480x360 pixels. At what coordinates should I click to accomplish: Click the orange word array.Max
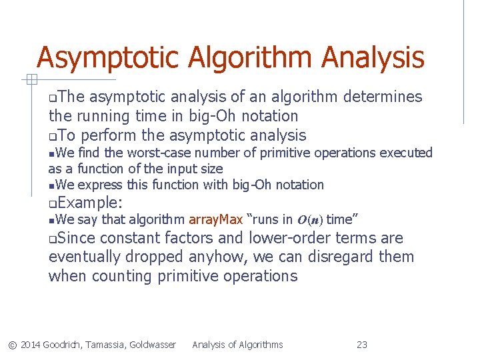(x=216, y=219)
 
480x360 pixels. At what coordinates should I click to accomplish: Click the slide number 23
(x=362, y=345)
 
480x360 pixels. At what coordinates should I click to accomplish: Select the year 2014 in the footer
(x=30, y=345)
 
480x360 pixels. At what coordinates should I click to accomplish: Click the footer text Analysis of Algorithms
(x=237, y=345)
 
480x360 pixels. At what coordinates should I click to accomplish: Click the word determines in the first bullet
(x=383, y=97)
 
